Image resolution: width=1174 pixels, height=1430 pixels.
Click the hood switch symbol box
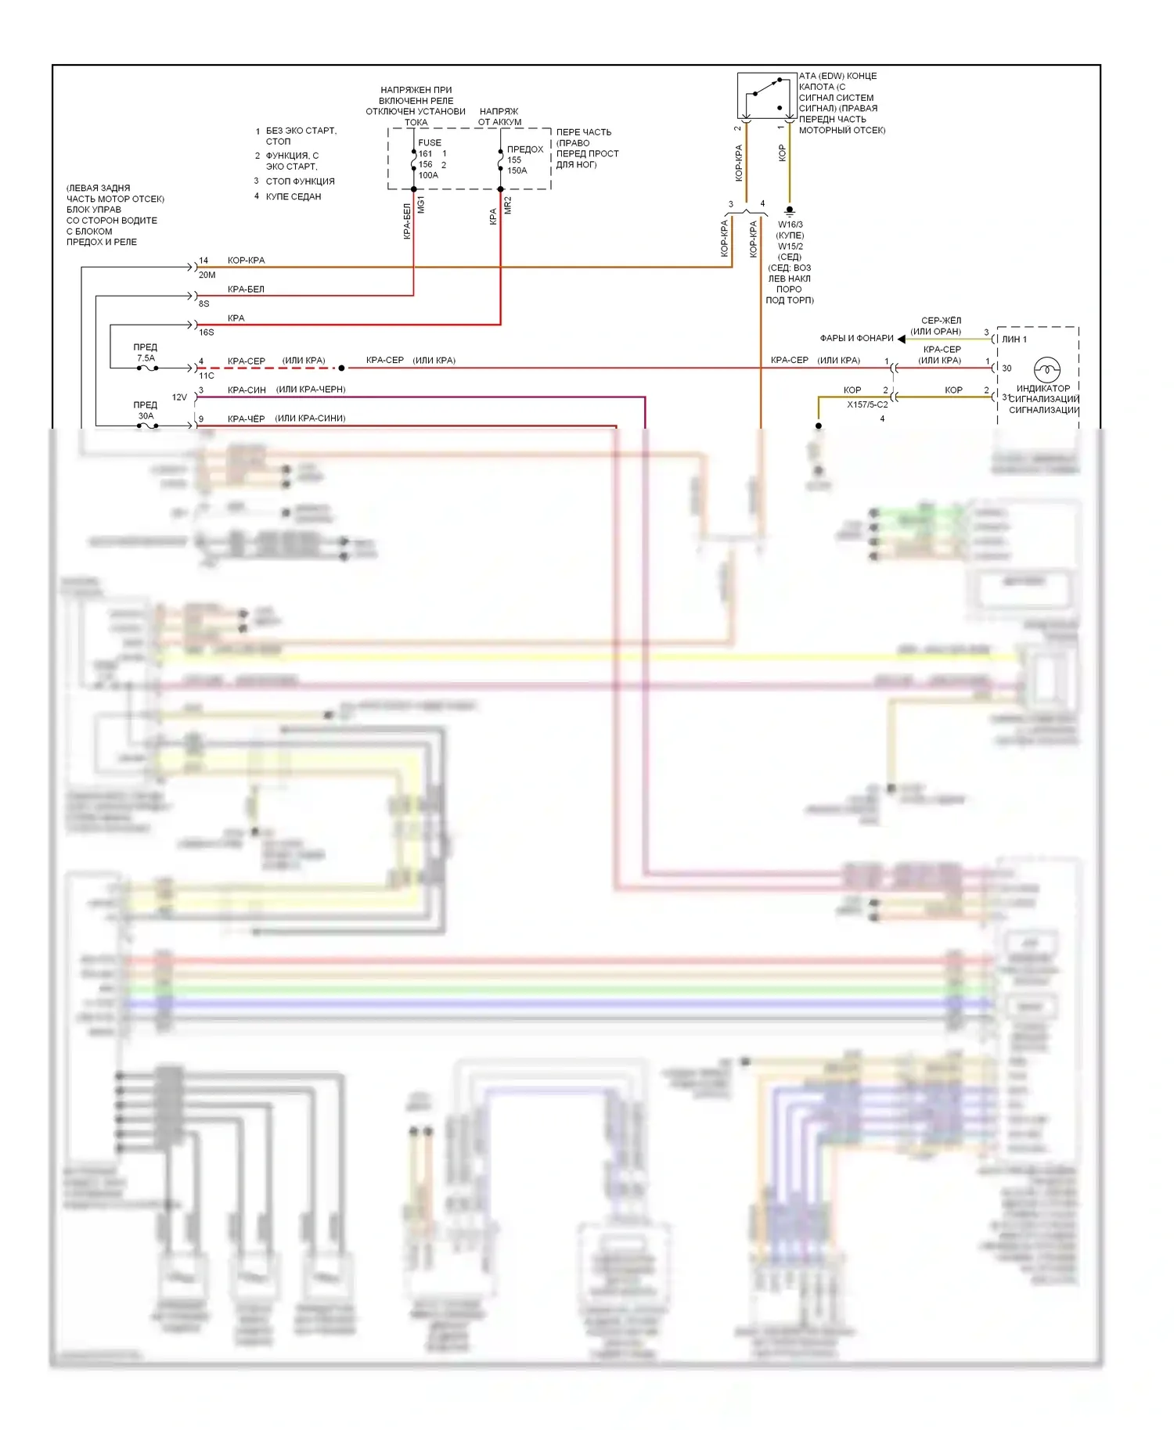pos(766,95)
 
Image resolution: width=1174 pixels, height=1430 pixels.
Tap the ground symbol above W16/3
pos(790,210)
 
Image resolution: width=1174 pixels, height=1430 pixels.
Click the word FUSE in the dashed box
pos(430,142)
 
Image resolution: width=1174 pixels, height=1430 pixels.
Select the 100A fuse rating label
pos(428,175)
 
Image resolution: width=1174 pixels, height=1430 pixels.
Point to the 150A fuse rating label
pos(517,171)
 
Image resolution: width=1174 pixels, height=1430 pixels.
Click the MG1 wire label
pos(421,206)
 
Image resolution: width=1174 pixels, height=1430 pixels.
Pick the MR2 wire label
pos(508,206)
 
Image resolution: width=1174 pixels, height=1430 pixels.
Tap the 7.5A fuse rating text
pos(146,358)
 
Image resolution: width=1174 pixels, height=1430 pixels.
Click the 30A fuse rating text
pos(146,416)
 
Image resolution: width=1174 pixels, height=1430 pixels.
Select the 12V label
pos(179,397)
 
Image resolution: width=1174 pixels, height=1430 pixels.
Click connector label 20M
pos(207,275)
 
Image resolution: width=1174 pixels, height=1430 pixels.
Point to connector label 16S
pos(207,332)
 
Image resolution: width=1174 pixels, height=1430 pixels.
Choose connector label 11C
pos(207,375)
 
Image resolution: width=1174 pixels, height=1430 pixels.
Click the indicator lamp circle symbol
pos(1046,368)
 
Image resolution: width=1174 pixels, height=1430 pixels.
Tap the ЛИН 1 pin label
pos(1014,340)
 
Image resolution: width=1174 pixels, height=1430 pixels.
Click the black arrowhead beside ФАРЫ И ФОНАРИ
pos(902,339)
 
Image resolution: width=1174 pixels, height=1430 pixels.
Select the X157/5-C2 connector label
pos(867,404)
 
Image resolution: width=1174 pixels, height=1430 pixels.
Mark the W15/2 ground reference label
pos(790,246)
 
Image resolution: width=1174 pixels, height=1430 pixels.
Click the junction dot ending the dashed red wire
pos(341,368)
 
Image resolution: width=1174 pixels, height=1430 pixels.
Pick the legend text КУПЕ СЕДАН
pos(293,196)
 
